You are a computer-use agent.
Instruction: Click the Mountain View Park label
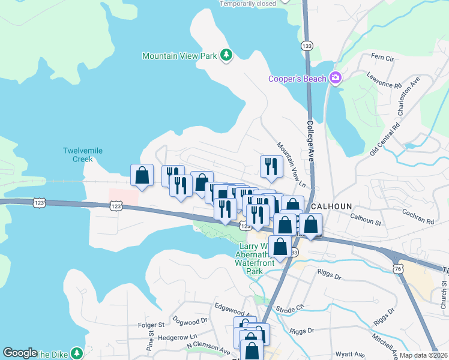coord(179,56)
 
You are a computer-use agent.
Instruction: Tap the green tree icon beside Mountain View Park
coord(226,56)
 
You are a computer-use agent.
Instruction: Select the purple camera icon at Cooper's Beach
coord(335,79)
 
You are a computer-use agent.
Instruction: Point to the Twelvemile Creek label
coord(78,155)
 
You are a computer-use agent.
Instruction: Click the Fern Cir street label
coord(382,57)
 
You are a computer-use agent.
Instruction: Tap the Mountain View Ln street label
coord(291,164)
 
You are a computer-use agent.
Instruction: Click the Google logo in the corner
coord(20,353)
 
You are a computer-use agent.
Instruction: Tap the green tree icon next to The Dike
coord(76,353)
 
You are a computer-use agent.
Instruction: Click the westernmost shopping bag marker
coord(142,176)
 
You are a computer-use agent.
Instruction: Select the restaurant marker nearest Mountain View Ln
coord(271,166)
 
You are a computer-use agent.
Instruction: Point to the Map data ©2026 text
coord(423,355)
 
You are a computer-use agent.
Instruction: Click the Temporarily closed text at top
coord(248,4)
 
